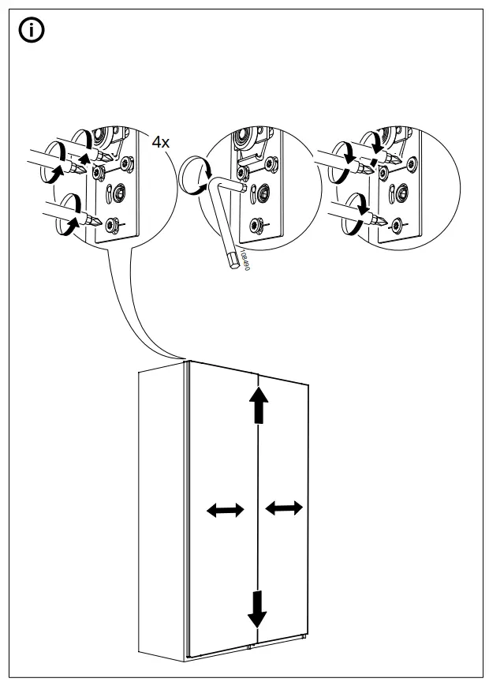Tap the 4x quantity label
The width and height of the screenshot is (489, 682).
point(161,142)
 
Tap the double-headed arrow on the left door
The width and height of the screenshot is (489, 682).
point(225,511)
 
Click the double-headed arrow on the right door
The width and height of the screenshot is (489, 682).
point(284,508)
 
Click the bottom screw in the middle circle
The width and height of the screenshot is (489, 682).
point(257,225)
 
